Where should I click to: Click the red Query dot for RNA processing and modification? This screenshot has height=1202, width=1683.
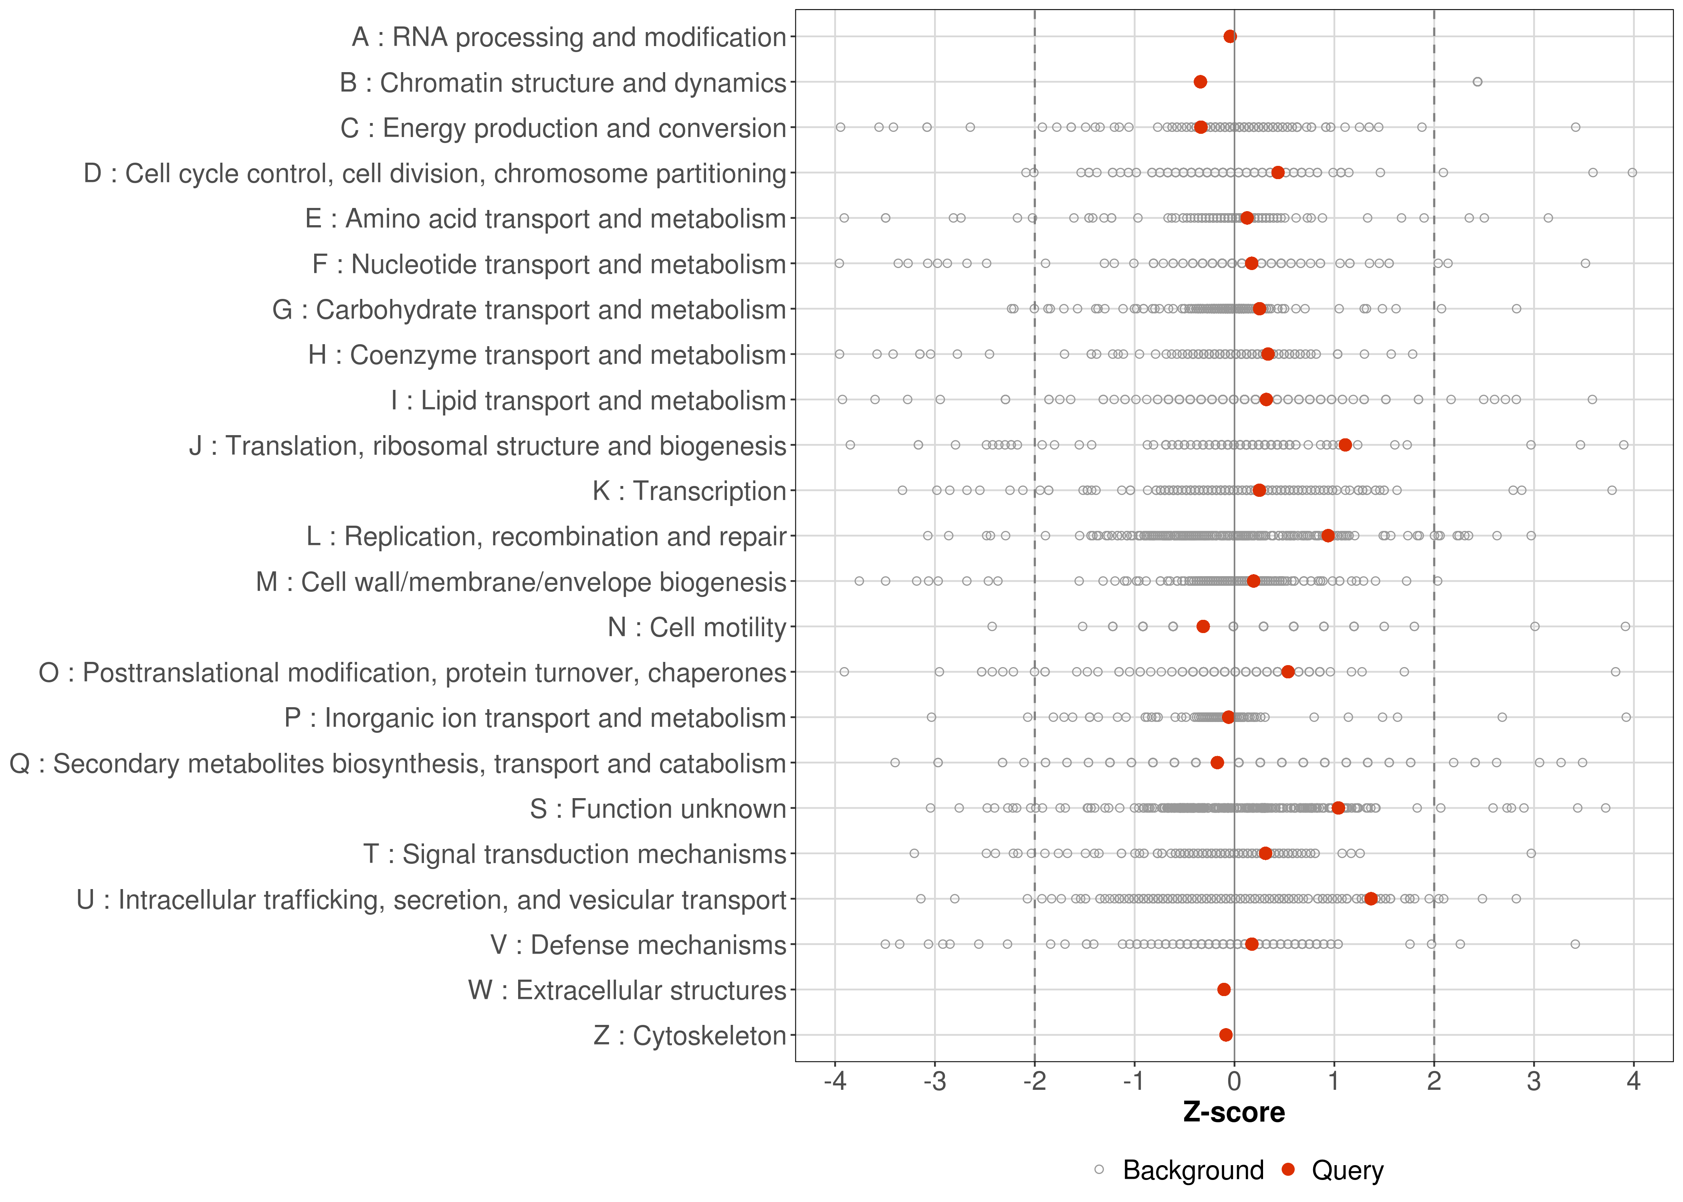click(1230, 36)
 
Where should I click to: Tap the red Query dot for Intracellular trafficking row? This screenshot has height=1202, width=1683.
click(1371, 899)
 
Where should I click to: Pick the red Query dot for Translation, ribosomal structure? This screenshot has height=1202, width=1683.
click(1346, 445)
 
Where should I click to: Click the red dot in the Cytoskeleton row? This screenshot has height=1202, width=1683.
click(1226, 1035)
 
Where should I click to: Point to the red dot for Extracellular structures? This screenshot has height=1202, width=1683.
click(1224, 990)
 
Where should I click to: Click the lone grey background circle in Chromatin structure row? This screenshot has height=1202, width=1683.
click(1477, 81)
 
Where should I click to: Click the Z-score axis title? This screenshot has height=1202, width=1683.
click(1234, 1112)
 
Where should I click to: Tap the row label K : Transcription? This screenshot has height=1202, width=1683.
click(689, 491)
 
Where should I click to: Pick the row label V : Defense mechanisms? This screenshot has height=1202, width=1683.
click(638, 945)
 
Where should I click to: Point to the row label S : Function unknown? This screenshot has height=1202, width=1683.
click(657, 809)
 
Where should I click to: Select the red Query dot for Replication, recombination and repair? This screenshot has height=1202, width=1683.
click(1328, 536)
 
